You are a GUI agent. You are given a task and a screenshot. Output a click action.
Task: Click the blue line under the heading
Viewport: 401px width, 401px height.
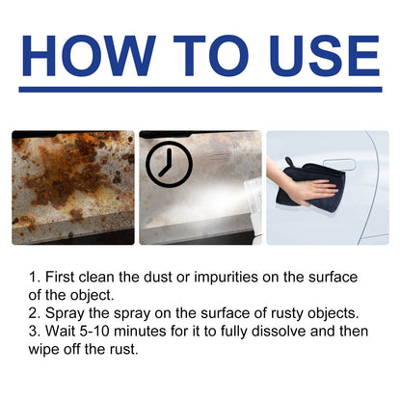(200, 90)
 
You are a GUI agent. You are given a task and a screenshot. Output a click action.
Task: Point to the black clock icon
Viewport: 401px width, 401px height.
(170, 165)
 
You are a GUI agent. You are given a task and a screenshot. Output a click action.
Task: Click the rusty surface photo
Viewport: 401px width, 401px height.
(73, 187)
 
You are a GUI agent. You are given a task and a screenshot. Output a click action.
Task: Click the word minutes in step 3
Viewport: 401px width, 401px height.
(155, 329)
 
